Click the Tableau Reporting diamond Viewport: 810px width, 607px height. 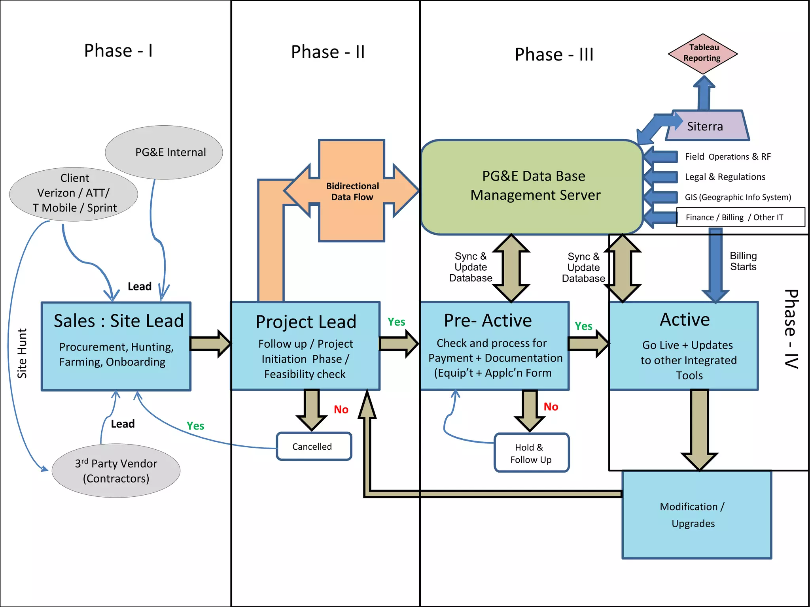(702, 53)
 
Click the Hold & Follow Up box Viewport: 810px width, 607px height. (531, 453)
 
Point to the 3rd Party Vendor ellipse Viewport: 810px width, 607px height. (116, 471)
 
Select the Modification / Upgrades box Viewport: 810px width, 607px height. (696, 515)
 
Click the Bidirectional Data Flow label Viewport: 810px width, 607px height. (352, 192)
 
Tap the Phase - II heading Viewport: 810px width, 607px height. (327, 52)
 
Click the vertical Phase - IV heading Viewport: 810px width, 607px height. (791, 329)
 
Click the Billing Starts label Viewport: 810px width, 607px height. (743, 261)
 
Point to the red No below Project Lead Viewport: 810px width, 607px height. (341, 409)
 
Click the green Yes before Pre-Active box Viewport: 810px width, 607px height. (396, 322)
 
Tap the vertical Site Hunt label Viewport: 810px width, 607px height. (22, 353)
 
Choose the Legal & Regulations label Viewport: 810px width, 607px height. (725, 177)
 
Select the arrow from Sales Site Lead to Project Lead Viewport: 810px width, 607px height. (210, 344)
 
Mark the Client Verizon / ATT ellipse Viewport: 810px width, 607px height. (74, 194)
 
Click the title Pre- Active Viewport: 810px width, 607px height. (488, 320)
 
